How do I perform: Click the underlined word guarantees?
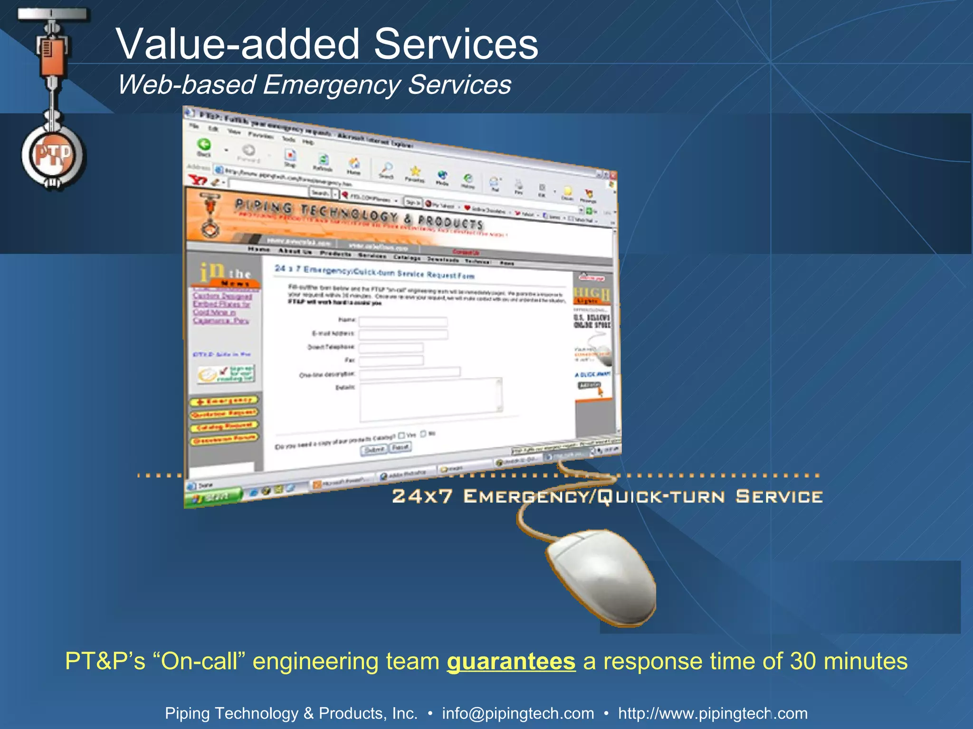(511, 661)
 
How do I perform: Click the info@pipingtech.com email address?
(518, 713)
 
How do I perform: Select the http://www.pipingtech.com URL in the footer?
(713, 713)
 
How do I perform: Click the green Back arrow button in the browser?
(204, 144)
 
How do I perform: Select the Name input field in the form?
(403, 322)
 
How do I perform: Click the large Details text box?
(430, 399)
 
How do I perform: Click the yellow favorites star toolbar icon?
(415, 171)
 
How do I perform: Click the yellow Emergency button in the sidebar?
(224, 402)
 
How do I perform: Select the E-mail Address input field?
(403, 335)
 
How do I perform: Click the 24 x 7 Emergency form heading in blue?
(374, 272)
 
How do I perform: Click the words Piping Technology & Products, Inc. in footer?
(291, 713)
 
